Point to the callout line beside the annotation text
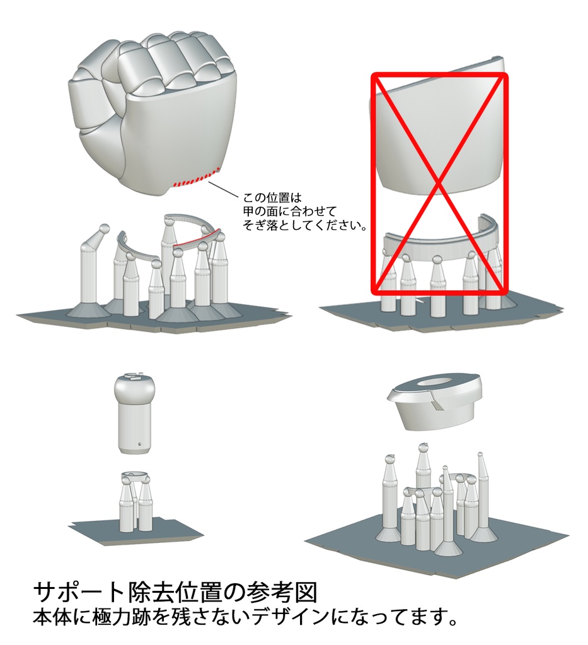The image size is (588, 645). point(222,189)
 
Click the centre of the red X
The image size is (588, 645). point(439,183)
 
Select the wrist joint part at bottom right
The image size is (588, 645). point(437,403)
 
